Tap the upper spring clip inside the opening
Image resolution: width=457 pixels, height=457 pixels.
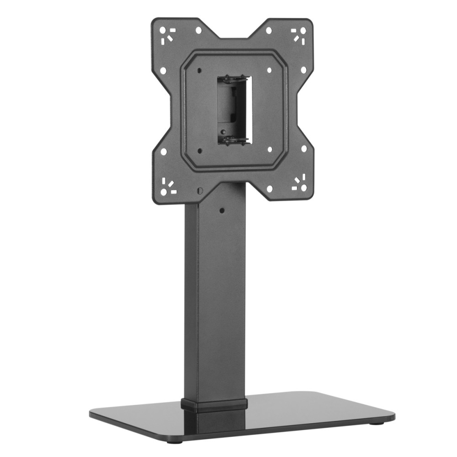pos(233,80)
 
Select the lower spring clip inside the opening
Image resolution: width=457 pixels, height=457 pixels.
pos(234,140)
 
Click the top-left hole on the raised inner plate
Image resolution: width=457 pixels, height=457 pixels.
pos(200,71)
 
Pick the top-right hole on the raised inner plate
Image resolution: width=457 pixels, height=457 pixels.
pos(270,70)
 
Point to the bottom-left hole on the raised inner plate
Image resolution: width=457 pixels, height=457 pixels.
pos(200,150)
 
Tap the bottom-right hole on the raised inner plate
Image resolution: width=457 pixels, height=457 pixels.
pos(270,149)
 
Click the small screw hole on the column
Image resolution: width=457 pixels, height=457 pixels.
pos(222,211)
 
